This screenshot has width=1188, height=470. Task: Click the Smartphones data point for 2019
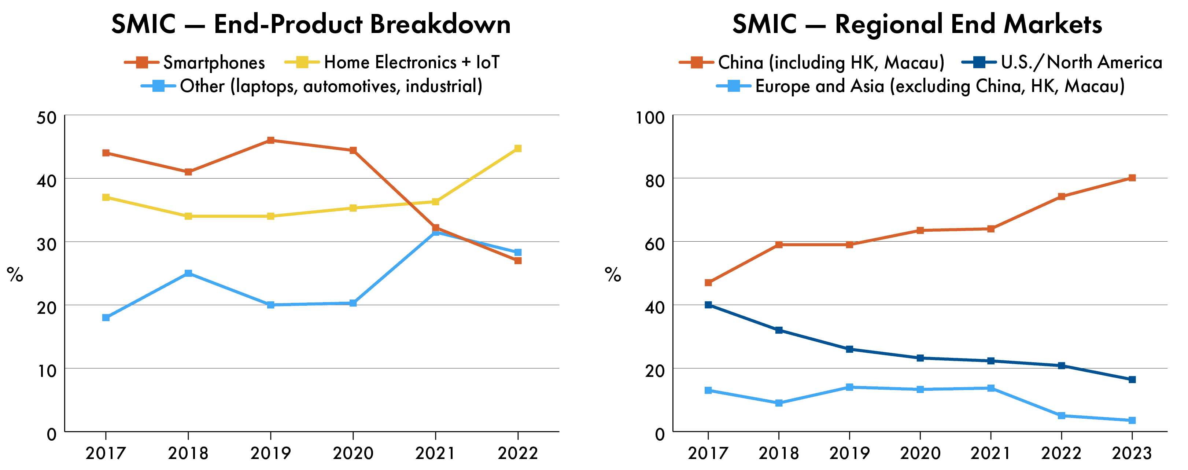[x=271, y=140]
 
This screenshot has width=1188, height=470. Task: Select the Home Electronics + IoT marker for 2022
[x=518, y=148]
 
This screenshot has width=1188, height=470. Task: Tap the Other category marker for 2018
[x=188, y=273]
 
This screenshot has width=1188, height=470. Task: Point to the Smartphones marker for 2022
[x=518, y=261]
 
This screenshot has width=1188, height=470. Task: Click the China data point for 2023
[x=1132, y=178]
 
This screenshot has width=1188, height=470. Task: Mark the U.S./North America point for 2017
[x=708, y=305]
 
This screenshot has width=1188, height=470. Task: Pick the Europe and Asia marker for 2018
[x=779, y=403]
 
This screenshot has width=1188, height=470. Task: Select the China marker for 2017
[x=708, y=283]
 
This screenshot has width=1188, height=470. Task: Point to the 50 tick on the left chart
[x=46, y=118]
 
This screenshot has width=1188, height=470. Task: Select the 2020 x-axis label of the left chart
[x=353, y=454]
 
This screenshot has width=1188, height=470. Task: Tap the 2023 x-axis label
[x=1132, y=454]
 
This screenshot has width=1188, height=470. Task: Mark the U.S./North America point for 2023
[x=1132, y=379]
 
